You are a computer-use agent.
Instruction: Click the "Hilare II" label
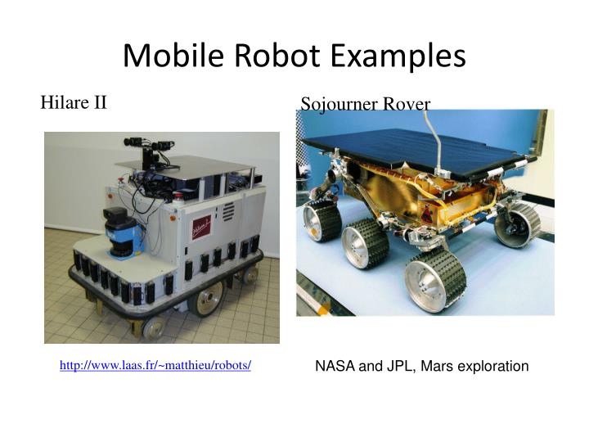click(x=74, y=102)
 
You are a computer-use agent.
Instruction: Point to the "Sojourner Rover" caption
click(x=365, y=104)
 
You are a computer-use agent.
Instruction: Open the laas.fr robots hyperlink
click(x=155, y=365)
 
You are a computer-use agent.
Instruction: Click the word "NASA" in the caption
click(x=334, y=366)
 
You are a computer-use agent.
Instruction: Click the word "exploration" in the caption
click(x=493, y=366)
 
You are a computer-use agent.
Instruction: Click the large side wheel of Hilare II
click(x=205, y=297)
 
